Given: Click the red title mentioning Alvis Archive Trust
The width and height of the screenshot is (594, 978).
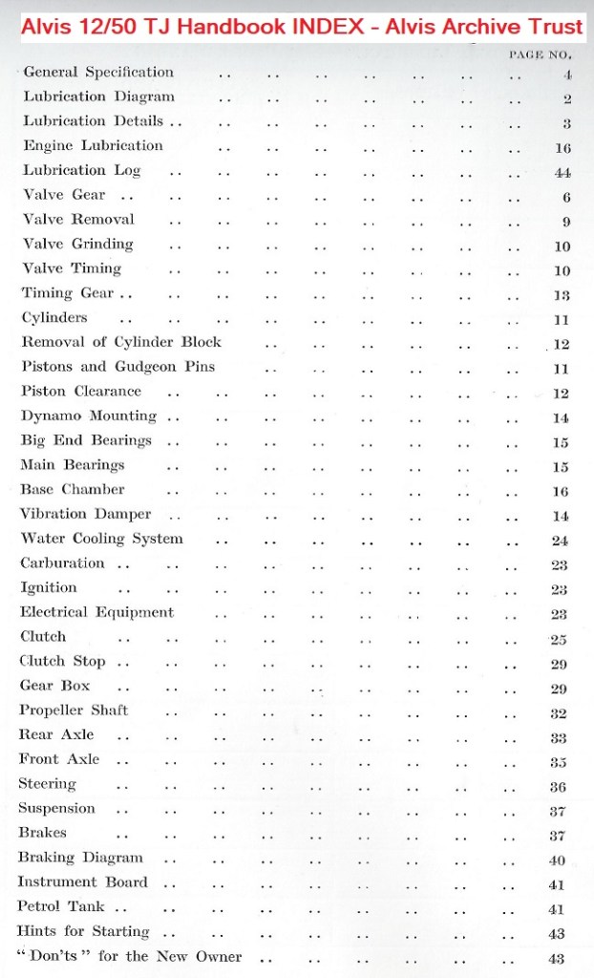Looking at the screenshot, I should coord(297,22).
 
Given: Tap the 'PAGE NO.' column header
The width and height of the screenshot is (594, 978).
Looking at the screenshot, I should coord(540,54).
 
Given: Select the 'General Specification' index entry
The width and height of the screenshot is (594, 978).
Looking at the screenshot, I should coord(98,72).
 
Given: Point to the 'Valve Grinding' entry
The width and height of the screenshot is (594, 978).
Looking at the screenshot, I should coord(78,244).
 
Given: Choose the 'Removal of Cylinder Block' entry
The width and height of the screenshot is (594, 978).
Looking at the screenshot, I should coord(121,342).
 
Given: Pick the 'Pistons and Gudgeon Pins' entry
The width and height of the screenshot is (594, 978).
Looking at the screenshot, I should coord(118,367).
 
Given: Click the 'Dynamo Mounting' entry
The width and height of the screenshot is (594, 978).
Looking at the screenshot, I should coord(89,415).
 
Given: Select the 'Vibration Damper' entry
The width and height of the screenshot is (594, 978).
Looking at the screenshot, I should coord(86,514).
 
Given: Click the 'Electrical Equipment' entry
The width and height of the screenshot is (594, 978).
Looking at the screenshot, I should coord(97,612).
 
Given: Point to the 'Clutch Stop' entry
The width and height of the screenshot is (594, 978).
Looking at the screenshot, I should coord(63,661).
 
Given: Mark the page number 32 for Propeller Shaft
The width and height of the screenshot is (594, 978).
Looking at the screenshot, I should coord(560,712).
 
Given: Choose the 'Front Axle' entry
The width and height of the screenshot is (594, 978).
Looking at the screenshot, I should coord(59,759).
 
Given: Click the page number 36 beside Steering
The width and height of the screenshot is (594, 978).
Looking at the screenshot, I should coord(560,787).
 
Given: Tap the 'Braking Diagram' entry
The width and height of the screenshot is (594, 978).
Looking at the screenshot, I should coord(81,858).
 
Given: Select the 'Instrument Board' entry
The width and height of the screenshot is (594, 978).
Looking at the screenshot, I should coord(83,882).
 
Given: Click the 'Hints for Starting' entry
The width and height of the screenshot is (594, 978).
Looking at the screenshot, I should coord(84,931).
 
